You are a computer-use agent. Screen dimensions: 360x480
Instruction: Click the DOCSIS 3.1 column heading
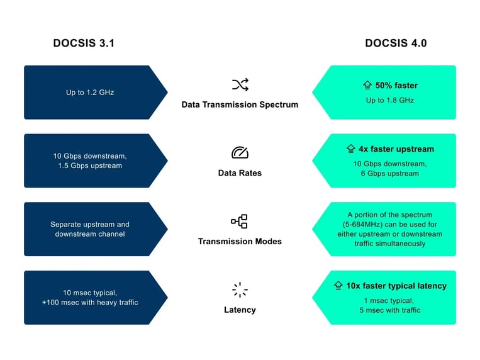coord(84,43)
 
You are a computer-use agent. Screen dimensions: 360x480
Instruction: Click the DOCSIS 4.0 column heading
coord(395,43)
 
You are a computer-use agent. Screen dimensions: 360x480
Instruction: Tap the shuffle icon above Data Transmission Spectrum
coord(240,85)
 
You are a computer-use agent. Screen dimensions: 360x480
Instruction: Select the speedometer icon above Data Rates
coord(240,153)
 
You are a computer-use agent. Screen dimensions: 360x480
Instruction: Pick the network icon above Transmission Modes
coord(240,222)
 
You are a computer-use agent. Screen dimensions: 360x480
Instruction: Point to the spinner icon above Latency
coord(240,290)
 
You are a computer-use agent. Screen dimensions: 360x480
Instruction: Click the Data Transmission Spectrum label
coord(240,104)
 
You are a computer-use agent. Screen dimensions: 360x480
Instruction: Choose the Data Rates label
coord(240,172)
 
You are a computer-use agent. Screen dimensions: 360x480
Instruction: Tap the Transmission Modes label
coord(240,241)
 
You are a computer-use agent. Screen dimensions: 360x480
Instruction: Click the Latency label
coord(240,310)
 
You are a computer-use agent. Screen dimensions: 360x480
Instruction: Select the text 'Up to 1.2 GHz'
coord(90,93)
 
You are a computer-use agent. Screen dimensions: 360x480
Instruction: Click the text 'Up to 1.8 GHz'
coord(390,100)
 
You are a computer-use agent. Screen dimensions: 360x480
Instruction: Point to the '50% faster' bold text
coord(396,86)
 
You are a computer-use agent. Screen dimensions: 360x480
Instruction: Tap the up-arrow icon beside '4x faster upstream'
coord(352,149)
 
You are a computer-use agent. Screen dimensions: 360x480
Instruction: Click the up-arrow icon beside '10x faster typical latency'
coord(338,286)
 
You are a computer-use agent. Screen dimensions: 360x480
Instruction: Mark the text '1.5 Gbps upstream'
coord(88,166)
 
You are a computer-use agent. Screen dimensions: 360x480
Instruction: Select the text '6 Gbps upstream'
coord(390,174)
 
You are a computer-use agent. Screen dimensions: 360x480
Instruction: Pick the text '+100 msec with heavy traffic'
coord(90,303)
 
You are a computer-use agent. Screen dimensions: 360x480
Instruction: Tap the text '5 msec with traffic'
coord(390,310)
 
